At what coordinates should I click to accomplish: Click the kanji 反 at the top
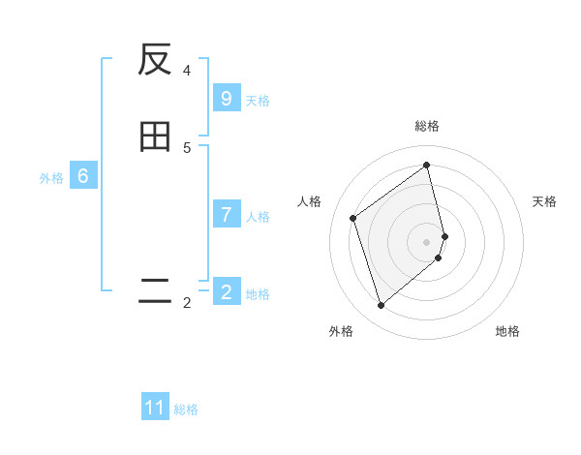coord(155,60)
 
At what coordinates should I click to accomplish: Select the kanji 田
coord(155,136)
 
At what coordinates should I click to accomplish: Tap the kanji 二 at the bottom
coord(155,291)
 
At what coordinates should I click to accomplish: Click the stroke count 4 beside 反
coord(187,71)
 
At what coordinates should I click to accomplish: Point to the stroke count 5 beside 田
coord(187,147)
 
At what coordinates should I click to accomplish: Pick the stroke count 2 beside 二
coord(187,303)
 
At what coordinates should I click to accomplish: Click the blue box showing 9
coord(227,99)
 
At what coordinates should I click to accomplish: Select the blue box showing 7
coord(227,215)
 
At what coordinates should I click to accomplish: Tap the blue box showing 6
coord(83,176)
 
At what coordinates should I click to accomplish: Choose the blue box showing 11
coord(155,408)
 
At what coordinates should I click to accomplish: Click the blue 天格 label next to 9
coord(258,100)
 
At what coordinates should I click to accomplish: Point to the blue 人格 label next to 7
coord(258,216)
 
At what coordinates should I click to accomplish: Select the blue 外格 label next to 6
coord(51,178)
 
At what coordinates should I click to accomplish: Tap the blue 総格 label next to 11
coord(186,409)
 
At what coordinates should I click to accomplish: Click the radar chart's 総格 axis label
coord(427,126)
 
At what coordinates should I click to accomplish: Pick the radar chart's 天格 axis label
coord(545,201)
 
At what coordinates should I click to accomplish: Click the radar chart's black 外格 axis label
coord(341,331)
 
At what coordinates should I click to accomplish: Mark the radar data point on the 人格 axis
coord(353,218)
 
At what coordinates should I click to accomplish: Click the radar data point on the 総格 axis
coord(427,166)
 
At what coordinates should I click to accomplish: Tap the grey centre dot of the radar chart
coord(427,241)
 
